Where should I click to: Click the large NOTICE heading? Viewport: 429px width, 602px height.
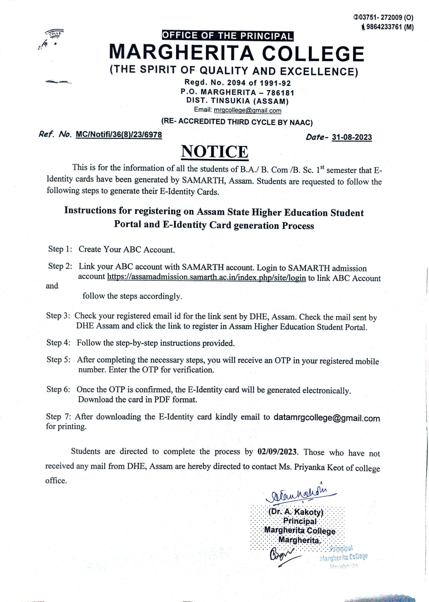click(x=214, y=152)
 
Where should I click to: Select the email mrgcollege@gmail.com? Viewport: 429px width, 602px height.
click(x=247, y=111)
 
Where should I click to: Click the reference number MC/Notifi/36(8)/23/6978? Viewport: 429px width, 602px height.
click(x=119, y=134)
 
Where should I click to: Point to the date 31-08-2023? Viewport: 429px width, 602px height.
click(x=352, y=137)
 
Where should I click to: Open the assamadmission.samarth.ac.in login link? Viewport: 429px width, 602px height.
click(x=206, y=278)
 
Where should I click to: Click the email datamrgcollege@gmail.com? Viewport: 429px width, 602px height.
click(x=326, y=418)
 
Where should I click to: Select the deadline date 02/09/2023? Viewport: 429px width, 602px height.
click(x=277, y=452)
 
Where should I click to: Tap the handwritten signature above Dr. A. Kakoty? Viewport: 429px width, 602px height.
click(x=298, y=494)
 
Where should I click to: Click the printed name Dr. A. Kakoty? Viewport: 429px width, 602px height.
click(x=296, y=512)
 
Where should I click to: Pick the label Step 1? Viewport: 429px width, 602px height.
click(x=60, y=249)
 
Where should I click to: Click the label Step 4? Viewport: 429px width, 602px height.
click(x=58, y=343)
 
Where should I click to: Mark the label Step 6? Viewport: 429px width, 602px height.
click(x=58, y=389)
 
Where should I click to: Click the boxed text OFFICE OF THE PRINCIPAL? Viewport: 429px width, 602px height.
click(x=227, y=36)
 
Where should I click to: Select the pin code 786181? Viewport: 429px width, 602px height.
click(x=280, y=93)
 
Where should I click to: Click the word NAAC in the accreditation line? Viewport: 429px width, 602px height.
click(x=300, y=122)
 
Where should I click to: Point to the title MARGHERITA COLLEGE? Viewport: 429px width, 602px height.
click(x=236, y=53)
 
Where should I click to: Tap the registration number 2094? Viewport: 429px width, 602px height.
click(x=237, y=83)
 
